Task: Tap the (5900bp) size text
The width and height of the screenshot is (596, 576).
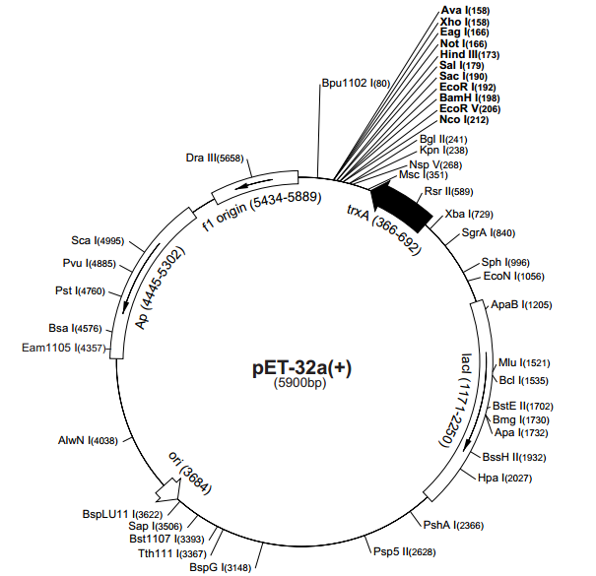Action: click(x=299, y=383)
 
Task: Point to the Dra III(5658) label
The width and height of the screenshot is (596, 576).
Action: click(x=214, y=158)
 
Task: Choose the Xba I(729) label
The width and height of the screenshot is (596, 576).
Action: click(x=469, y=214)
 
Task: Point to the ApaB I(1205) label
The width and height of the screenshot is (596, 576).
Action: click(x=521, y=305)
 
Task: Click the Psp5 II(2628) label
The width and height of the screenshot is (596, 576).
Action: click(x=407, y=550)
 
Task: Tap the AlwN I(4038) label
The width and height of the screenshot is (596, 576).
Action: click(x=87, y=441)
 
